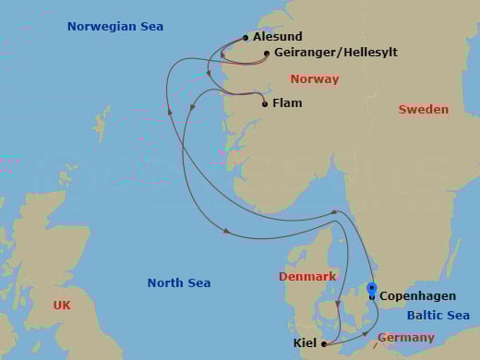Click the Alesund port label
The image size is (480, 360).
(277, 37)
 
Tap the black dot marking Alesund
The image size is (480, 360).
(246, 38)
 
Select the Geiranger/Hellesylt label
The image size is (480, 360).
(336, 53)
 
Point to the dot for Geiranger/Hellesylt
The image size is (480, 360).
(267, 54)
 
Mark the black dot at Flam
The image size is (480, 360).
(265, 104)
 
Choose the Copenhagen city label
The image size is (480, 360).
(418, 296)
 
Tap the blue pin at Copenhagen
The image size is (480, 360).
(372, 288)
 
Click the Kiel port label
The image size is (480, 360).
(306, 343)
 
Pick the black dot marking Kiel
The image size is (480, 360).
(324, 344)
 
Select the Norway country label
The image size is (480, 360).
(314, 79)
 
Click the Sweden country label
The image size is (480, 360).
(423, 110)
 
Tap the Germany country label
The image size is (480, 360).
(405, 338)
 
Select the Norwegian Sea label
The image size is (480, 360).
(115, 27)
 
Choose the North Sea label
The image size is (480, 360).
(179, 283)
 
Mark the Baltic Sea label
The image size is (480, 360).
(438, 317)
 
